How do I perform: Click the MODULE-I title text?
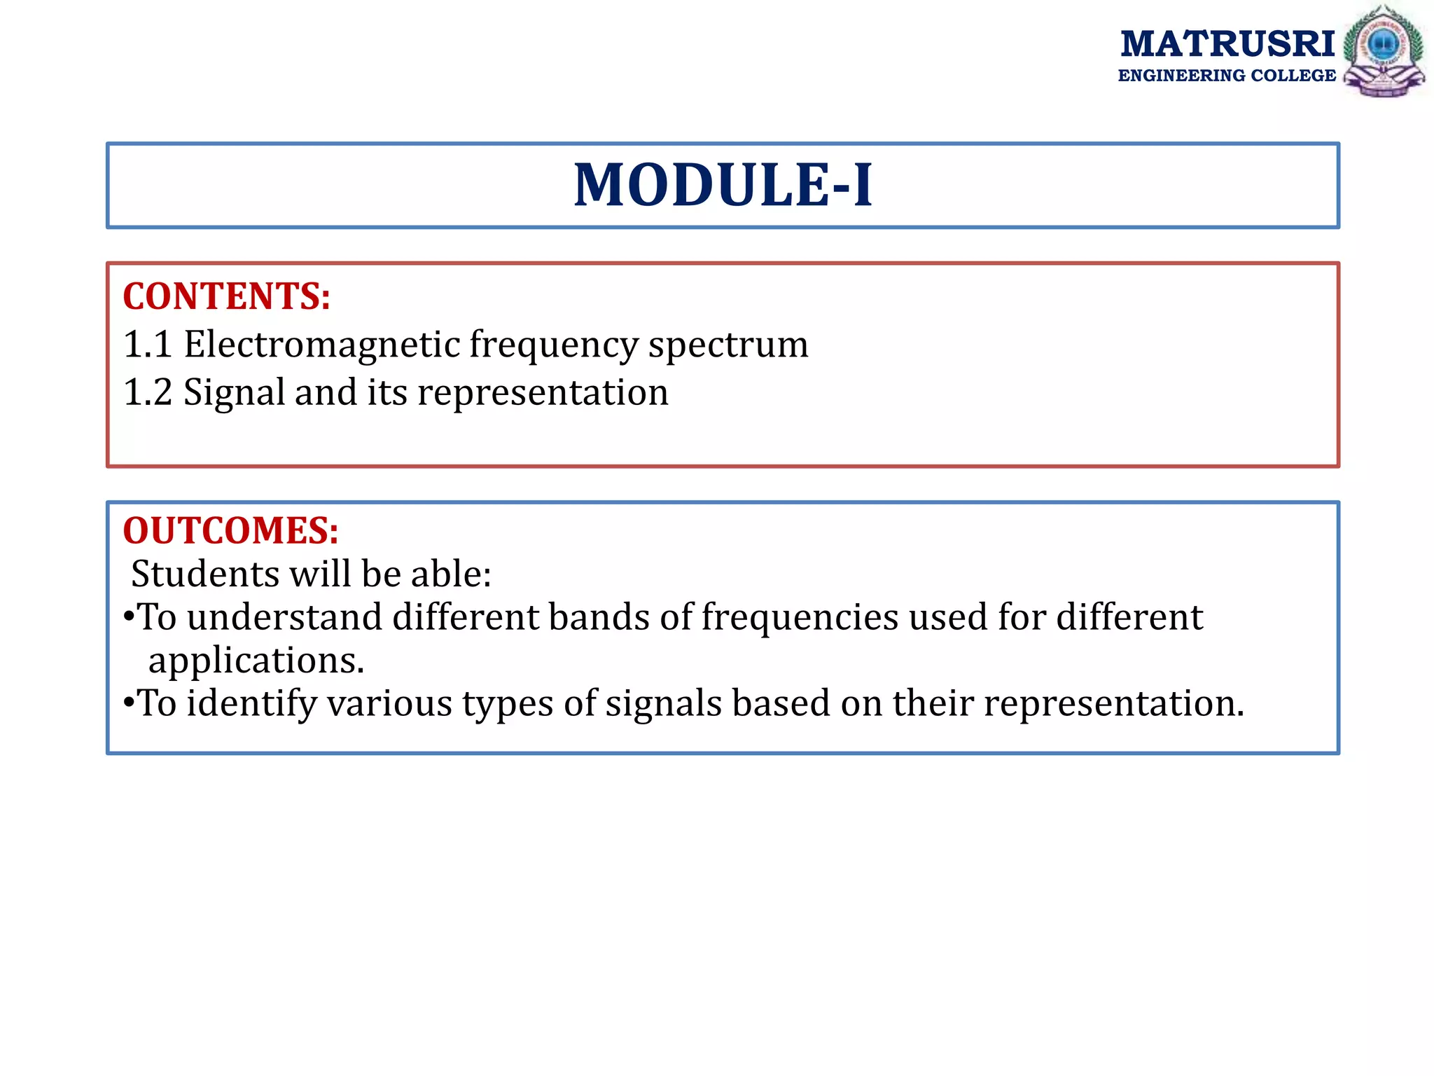(x=723, y=186)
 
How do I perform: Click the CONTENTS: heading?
(x=226, y=296)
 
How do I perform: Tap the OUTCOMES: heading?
(x=230, y=530)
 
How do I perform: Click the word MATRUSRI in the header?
(x=1227, y=44)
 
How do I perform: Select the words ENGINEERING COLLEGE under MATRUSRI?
(x=1227, y=76)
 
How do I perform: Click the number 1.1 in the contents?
(x=147, y=345)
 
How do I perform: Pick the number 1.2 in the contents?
(x=147, y=392)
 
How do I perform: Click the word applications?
(x=256, y=662)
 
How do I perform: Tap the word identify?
(x=251, y=704)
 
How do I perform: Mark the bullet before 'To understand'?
(x=128, y=617)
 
